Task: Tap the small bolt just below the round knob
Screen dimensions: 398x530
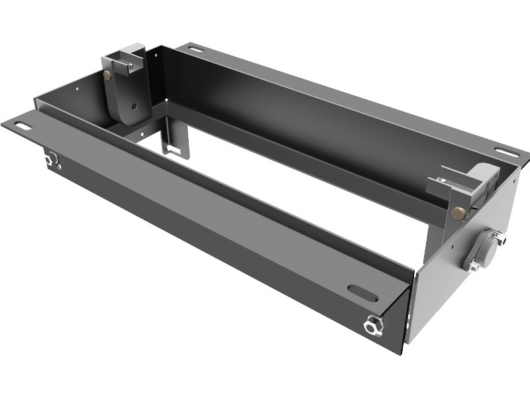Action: click(x=474, y=267)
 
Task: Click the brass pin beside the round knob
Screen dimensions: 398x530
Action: click(x=458, y=212)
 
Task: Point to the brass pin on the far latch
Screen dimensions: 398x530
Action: click(x=108, y=76)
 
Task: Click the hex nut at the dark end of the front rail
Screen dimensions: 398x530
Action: click(x=50, y=159)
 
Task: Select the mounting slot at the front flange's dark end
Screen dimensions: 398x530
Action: click(x=21, y=126)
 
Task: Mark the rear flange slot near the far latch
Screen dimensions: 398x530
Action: click(x=194, y=48)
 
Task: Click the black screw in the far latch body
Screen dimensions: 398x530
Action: click(x=134, y=105)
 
